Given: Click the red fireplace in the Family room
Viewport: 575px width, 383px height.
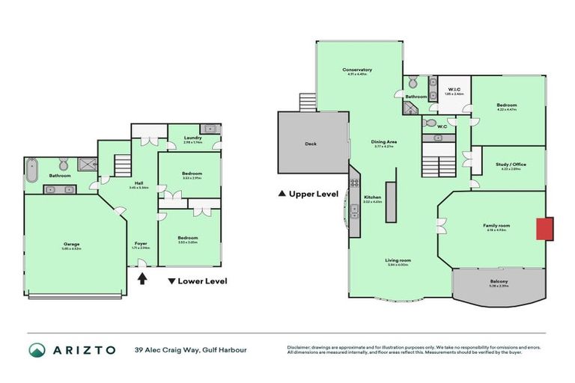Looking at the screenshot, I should (x=544, y=229).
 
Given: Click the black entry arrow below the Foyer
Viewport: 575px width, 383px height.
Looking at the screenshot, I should (x=142, y=279).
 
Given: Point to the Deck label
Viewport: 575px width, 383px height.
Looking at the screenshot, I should (x=310, y=144).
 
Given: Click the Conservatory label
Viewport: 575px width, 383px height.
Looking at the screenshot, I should (x=357, y=70).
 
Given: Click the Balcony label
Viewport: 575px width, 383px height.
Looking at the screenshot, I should (x=498, y=282).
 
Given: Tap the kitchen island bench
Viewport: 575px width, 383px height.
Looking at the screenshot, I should (x=390, y=200).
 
